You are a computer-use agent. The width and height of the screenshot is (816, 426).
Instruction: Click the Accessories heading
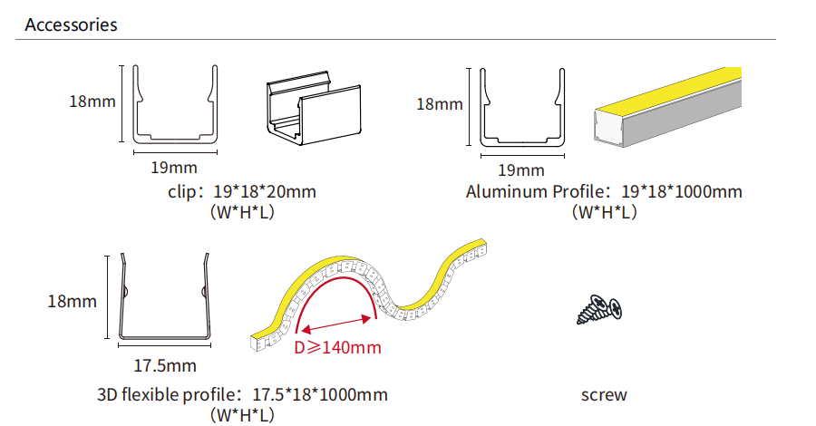(71, 24)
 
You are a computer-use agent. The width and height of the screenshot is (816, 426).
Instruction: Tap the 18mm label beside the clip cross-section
(92, 101)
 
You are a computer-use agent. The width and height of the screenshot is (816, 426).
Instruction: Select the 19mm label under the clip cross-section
(174, 168)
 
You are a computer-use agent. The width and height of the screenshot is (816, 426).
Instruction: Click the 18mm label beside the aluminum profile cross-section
(440, 104)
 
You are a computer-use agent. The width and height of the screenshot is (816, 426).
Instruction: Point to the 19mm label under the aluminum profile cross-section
(521, 170)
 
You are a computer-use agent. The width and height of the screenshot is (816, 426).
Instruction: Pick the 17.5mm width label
(165, 365)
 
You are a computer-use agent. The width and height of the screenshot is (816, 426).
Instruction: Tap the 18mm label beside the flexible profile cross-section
(73, 301)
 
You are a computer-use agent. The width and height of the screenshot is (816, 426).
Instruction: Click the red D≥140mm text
(337, 347)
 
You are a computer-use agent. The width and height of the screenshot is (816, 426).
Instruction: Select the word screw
(604, 395)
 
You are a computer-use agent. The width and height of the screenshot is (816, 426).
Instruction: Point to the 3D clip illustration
(314, 108)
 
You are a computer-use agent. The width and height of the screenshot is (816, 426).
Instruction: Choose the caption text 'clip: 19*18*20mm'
(242, 191)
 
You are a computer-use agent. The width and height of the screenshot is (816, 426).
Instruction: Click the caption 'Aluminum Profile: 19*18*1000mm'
(604, 191)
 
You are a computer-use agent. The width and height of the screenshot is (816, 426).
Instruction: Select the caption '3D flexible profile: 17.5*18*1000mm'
(242, 394)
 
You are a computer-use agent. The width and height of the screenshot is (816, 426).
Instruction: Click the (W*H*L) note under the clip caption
(242, 212)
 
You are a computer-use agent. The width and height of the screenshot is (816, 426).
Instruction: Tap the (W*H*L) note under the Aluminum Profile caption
(604, 212)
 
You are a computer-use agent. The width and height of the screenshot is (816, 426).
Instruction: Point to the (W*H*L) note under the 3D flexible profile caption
(242, 415)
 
